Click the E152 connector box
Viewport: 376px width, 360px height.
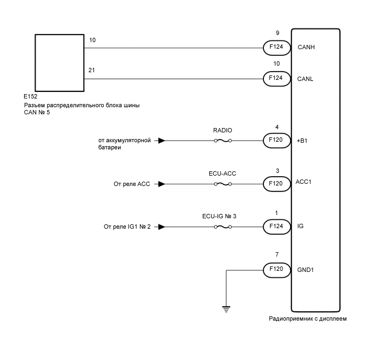click(59, 63)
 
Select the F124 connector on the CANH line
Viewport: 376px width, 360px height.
click(276, 48)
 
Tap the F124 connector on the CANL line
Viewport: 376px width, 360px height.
click(276, 79)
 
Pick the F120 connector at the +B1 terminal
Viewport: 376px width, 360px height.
click(276, 141)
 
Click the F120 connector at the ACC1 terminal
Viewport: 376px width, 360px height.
click(276, 183)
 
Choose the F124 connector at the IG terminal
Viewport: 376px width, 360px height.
click(276, 226)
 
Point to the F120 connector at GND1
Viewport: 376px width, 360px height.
click(276, 269)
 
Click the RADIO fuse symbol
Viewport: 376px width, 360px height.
click(222, 141)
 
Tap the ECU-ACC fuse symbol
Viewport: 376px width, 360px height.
click(222, 183)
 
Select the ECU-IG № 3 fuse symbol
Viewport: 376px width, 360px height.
click(222, 226)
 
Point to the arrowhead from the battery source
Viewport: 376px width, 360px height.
click(161, 141)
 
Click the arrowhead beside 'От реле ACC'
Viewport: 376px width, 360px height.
click(161, 184)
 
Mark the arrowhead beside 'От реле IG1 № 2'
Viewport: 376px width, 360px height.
click(161, 226)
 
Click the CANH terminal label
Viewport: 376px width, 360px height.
click(306, 48)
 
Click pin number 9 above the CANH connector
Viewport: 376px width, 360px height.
click(277, 33)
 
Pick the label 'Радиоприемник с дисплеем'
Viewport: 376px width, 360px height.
click(308, 318)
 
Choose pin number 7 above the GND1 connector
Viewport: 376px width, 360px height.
click(277, 255)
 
